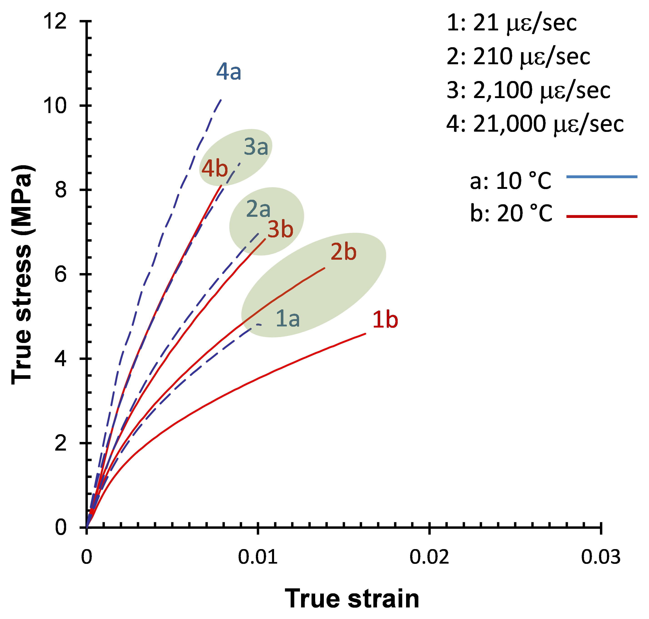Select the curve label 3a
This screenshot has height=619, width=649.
[x=256, y=147]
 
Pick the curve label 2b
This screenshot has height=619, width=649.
[x=344, y=252]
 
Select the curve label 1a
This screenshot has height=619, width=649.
[x=288, y=319]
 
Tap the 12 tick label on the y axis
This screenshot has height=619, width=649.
[x=55, y=22]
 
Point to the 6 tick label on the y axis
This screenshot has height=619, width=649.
[x=61, y=274]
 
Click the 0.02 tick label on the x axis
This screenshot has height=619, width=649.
[x=429, y=557]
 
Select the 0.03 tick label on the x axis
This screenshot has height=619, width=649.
[x=600, y=557]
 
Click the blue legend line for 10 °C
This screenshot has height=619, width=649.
[x=602, y=177]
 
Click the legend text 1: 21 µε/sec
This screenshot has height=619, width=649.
[x=511, y=23]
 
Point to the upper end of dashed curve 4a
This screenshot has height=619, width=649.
[x=221, y=99]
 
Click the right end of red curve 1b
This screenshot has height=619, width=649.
[x=365, y=334]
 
